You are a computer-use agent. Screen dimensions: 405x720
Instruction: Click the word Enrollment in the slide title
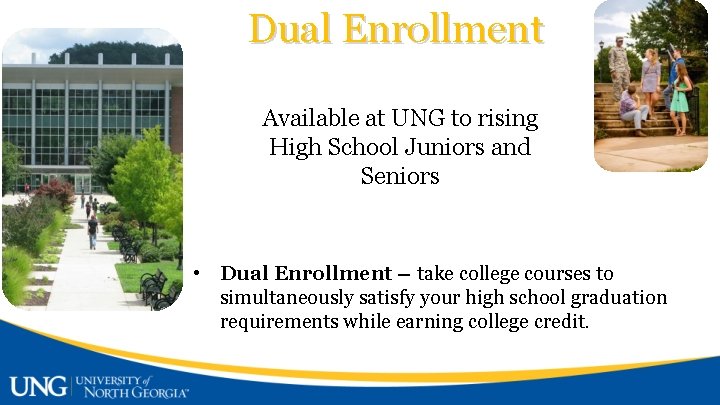pos(442,29)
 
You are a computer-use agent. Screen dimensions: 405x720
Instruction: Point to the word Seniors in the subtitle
pos(400,177)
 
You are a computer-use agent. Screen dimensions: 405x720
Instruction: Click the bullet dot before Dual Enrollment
pos(200,273)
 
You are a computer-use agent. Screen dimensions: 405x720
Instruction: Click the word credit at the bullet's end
pos(565,322)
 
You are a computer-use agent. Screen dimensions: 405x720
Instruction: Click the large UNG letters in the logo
pos(38,385)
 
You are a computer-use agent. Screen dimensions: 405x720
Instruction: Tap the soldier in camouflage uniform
pos(619,65)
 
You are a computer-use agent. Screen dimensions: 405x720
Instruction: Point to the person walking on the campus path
pos(93,230)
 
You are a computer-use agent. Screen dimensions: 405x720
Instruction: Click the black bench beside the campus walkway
pos(153,285)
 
